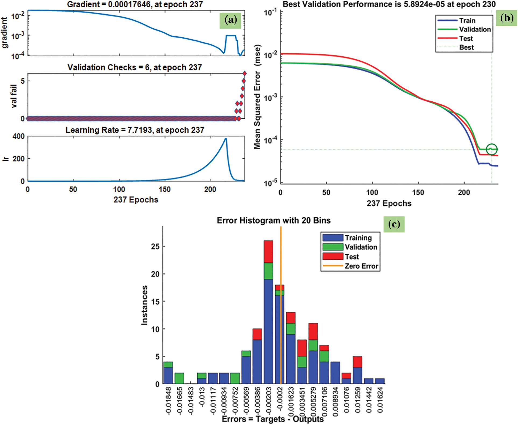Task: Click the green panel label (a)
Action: pyautogui.click(x=230, y=20)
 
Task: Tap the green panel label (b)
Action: pyautogui.click(x=507, y=18)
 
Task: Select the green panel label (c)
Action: pyautogui.click(x=394, y=224)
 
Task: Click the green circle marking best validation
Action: pyautogui.click(x=492, y=149)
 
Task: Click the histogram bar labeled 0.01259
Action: pyautogui.click(x=357, y=370)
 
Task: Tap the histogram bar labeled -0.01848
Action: pyautogui.click(x=168, y=373)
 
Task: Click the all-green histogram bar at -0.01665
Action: pyautogui.click(x=179, y=378)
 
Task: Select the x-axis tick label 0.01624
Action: pyautogui.click(x=380, y=400)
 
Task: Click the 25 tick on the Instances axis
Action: pyautogui.click(x=155, y=247)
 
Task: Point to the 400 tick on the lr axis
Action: pyautogui.click(x=19, y=136)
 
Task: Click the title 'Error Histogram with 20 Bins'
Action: pyautogui.click(x=274, y=220)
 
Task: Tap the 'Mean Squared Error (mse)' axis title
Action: pyautogui.click(x=258, y=97)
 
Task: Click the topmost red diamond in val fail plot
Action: pyautogui.click(x=244, y=73)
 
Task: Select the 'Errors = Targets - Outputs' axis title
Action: pyautogui.click(x=273, y=419)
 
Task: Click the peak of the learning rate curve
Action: pyautogui.click(x=226, y=139)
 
